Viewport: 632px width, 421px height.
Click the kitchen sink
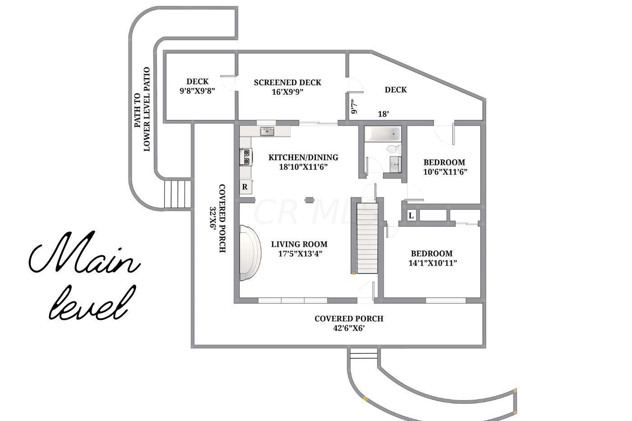point(267,131)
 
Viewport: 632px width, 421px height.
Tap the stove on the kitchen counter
point(246,157)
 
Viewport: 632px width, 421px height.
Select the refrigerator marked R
point(246,187)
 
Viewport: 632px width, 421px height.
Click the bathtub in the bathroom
point(383,134)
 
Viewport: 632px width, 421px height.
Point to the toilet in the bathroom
point(394,149)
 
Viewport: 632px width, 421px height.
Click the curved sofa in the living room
point(250,253)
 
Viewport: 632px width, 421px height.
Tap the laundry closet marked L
point(411,216)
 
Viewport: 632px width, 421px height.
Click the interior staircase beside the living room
point(367,238)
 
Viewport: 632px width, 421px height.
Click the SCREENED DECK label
point(288,83)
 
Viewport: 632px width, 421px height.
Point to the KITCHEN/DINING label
point(303,157)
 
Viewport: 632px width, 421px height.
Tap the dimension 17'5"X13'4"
point(300,254)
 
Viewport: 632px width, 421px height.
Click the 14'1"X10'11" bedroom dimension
point(433,263)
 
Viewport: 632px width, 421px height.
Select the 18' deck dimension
point(383,114)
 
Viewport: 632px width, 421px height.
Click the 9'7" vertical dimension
point(354,106)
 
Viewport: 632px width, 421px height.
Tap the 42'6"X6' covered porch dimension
point(349,328)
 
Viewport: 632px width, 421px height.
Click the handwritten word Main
point(85,252)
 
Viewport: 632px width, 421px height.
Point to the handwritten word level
point(92,303)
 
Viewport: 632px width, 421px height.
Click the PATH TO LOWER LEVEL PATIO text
point(142,109)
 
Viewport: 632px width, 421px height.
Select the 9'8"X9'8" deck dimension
point(198,91)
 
